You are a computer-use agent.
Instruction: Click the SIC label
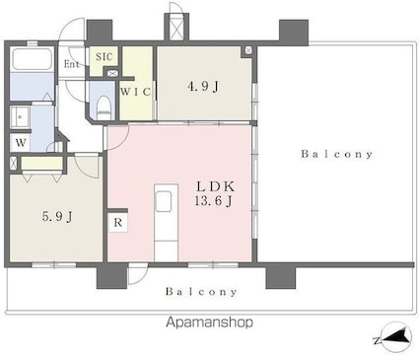104,56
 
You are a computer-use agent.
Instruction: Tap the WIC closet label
135,92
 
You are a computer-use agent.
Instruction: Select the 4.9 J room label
203,87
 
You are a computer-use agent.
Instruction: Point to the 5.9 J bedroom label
57,216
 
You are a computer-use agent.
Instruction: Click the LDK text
216,186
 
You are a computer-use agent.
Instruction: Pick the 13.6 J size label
214,200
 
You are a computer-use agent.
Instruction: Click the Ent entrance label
72,64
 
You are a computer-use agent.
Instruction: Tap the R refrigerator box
118,223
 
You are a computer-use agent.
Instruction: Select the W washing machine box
21,143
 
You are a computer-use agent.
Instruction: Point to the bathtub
32,59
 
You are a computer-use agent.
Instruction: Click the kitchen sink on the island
164,201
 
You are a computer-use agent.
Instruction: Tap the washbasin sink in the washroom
20,117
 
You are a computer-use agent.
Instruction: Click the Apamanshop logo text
209,323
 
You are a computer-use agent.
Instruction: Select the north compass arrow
397,337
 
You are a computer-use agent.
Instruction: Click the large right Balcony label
337,154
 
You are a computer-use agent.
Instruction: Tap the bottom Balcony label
201,292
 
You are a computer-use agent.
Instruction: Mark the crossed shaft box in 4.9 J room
248,50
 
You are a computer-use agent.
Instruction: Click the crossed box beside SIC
112,73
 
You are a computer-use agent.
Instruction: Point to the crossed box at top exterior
176,28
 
